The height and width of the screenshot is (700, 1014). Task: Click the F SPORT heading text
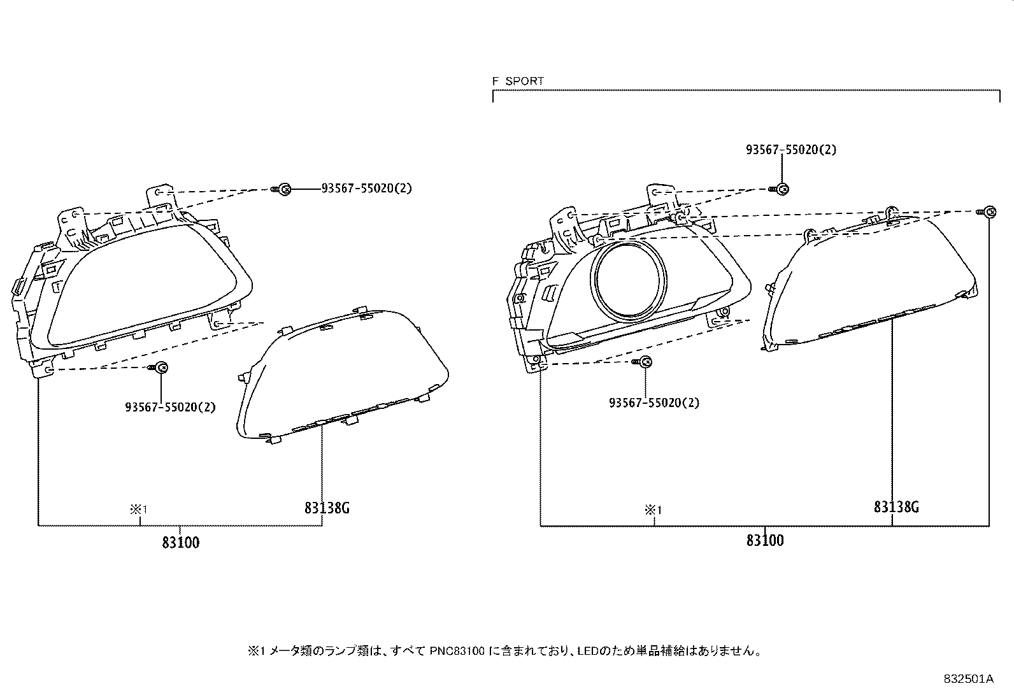[518, 81]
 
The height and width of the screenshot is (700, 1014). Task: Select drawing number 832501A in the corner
[968, 679]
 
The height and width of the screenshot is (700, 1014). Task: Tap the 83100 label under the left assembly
[181, 542]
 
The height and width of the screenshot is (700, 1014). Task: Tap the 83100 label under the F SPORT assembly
[765, 540]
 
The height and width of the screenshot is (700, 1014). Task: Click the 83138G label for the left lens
[327, 508]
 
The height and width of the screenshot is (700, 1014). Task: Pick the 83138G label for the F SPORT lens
[896, 506]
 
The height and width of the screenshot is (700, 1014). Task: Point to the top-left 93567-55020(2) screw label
[367, 189]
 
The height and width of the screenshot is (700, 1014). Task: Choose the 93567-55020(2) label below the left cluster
[170, 407]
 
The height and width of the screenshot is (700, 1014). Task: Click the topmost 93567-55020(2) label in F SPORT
[791, 150]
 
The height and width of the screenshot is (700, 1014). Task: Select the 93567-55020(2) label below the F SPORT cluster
[654, 403]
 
